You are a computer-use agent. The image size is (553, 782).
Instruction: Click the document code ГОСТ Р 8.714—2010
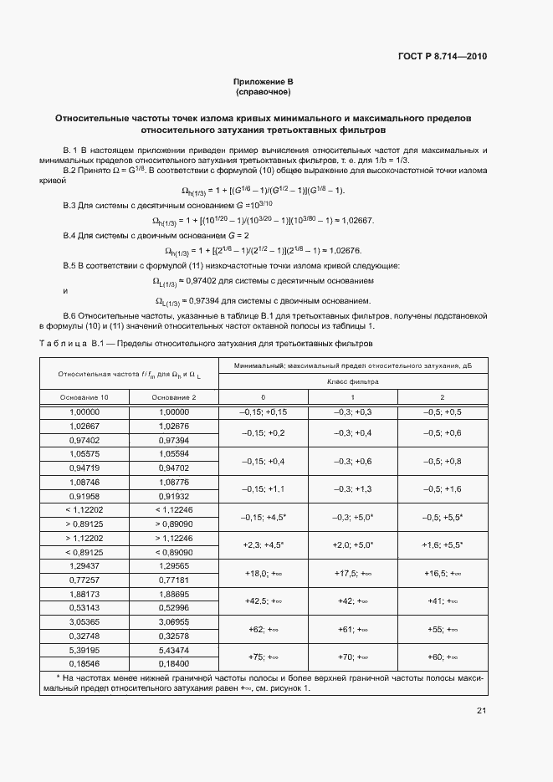click(x=443, y=57)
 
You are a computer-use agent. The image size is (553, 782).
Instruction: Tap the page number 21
click(x=481, y=711)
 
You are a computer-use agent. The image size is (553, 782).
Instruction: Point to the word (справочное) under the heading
click(x=263, y=93)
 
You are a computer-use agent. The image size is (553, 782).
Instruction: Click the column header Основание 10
click(x=84, y=396)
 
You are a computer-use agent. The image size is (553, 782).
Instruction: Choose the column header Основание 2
click(x=173, y=396)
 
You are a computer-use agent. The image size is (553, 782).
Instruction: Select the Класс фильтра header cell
click(x=352, y=381)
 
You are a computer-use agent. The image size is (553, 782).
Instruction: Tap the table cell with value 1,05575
click(x=84, y=454)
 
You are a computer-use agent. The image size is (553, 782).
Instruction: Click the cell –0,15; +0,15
click(x=263, y=412)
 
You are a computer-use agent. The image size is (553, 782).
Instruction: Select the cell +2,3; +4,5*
click(x=263, y=544)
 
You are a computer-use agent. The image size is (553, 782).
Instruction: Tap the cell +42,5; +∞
click(x=263, y=601)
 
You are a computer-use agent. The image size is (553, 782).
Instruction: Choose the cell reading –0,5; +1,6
click(x=442, y=489)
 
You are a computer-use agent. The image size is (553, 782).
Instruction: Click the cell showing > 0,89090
click(x=173, y=524)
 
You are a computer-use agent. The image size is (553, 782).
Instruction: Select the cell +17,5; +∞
click(x=352, y=573)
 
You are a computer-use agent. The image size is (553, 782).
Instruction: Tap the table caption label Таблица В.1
click(x=70, y=343)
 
